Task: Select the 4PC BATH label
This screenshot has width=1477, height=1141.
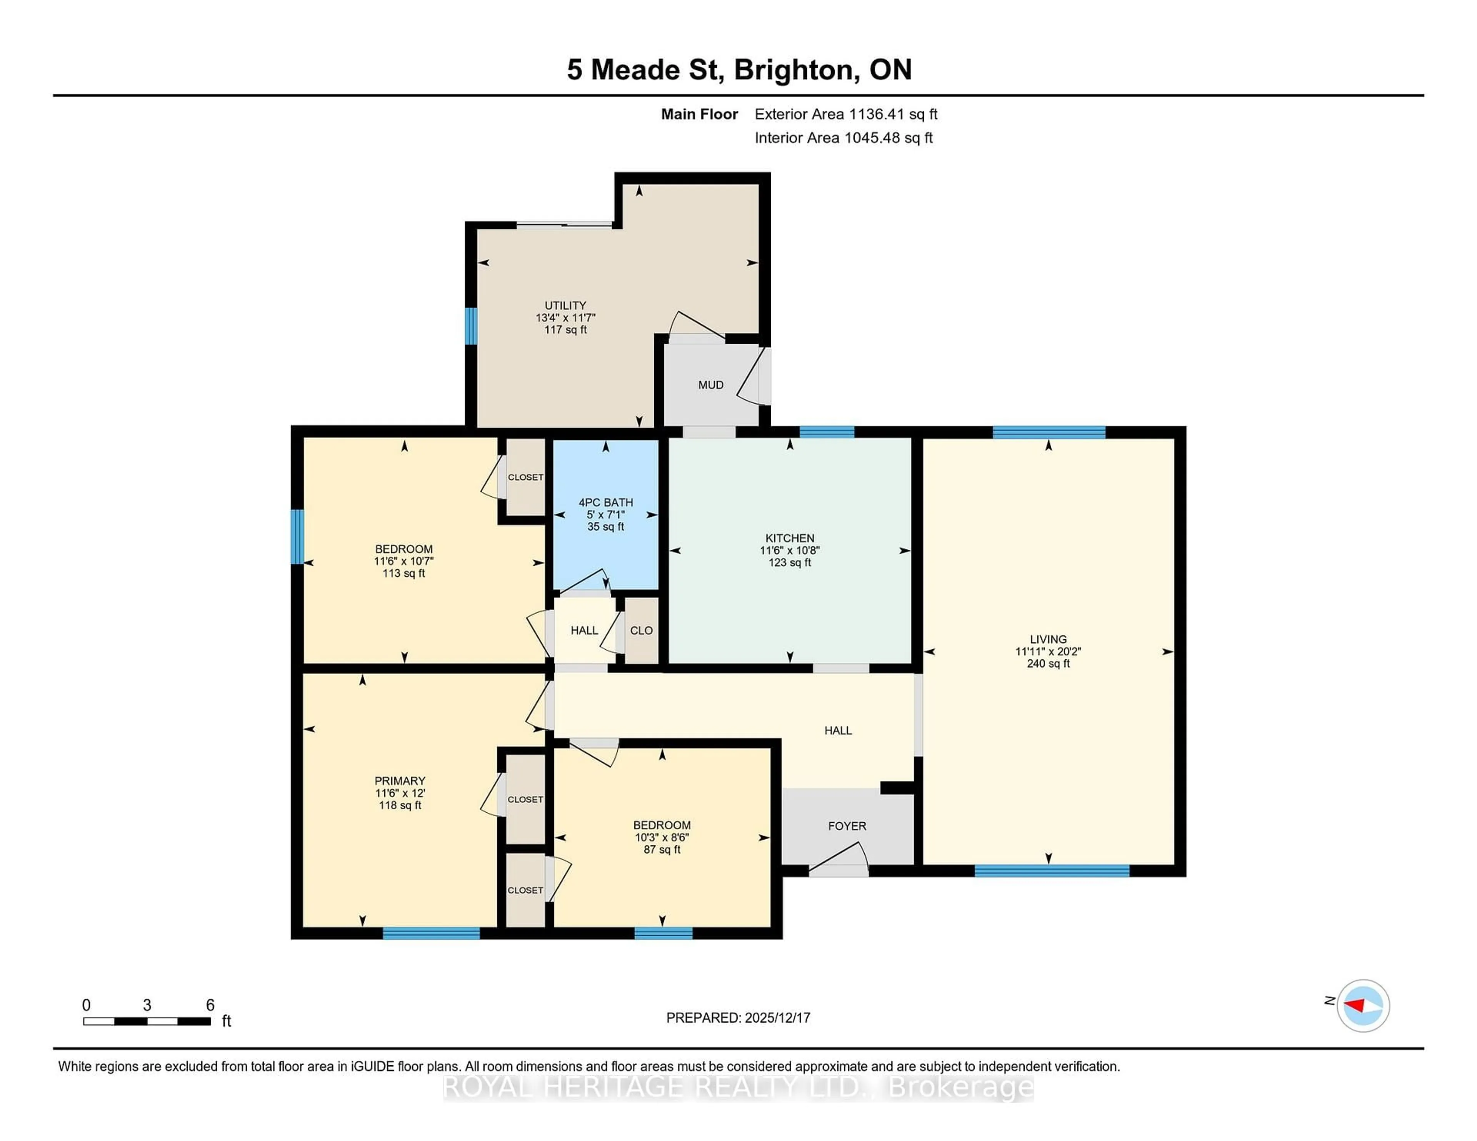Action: [605, 502]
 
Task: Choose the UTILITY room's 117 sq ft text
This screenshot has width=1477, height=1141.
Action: [565, 330]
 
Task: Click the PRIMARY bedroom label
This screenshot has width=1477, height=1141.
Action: [400, 781]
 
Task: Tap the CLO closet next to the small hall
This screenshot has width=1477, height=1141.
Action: [641, 630]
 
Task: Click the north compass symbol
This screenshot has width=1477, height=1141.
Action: [1363, 1006]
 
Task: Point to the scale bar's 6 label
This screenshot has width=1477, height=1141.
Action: [210, 1005]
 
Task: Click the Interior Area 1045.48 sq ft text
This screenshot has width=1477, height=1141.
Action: [844, 138]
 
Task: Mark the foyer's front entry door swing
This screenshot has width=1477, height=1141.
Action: [839, 858]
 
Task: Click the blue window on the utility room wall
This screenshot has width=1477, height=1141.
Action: [471, 326]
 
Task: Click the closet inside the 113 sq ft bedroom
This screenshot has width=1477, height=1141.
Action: [525, 477]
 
